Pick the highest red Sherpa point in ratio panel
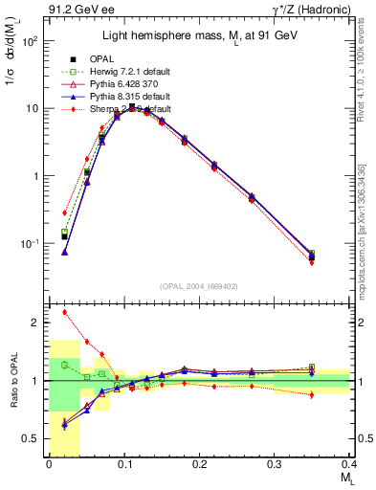(64, 312)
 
